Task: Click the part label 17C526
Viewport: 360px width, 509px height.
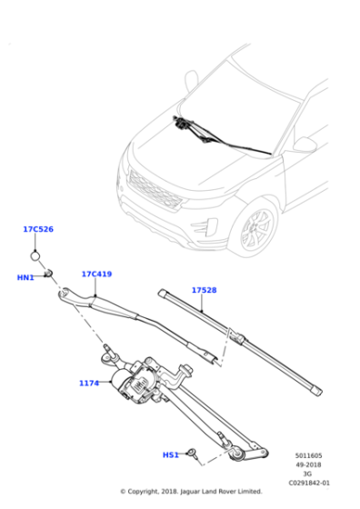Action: (38, 230)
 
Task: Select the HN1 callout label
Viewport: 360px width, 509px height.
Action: (25, 277)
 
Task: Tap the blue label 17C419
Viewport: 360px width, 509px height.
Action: (96, 274)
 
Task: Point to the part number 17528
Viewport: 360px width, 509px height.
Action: (204, 290)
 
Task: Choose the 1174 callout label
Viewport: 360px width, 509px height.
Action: (89, 383)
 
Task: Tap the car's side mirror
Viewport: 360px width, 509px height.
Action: (304, 145)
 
